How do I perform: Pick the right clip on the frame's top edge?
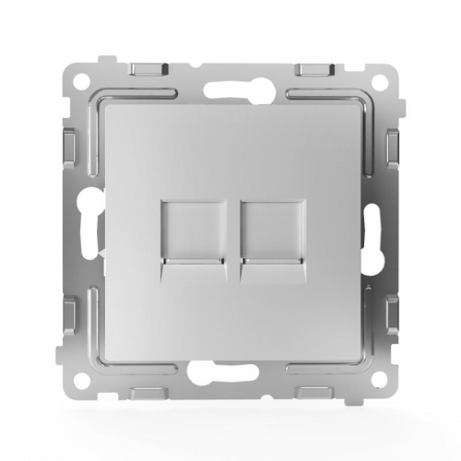tap(314, 70)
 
